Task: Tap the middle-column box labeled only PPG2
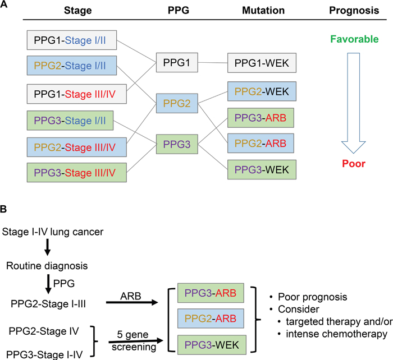pos(177,104)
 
